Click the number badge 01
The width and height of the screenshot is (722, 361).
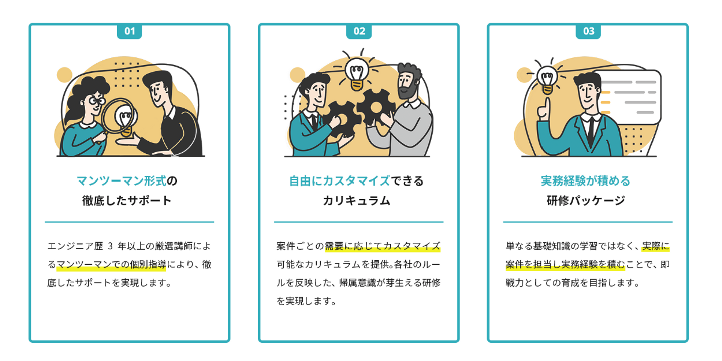129,31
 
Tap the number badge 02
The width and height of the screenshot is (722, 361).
359,31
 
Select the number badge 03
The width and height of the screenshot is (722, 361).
588,31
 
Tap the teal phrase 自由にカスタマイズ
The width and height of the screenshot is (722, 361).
339,180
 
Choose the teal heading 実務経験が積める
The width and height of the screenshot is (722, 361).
586,180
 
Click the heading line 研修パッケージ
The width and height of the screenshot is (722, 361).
586,201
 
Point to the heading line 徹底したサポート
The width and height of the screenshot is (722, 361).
127,201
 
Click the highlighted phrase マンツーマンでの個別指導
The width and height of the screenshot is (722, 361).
111,265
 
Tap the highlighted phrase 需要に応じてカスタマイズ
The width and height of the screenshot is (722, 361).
383,246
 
